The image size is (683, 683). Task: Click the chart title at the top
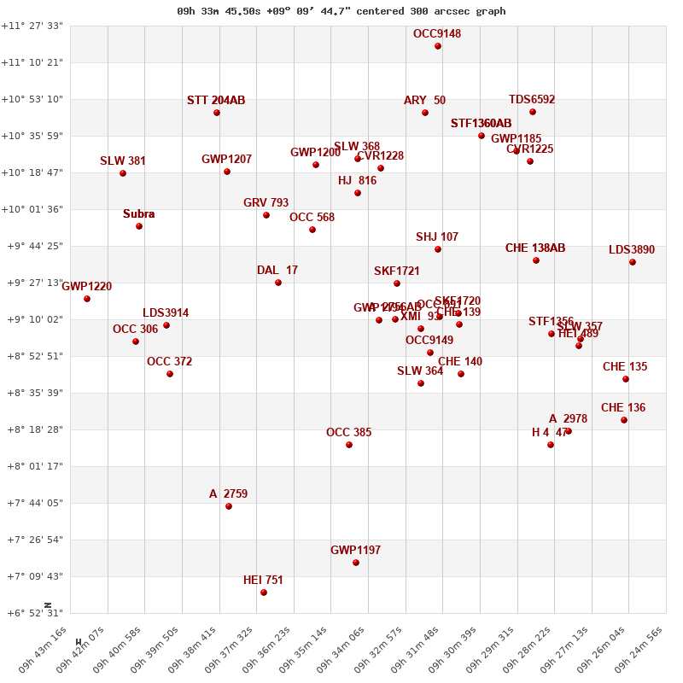(341, 11)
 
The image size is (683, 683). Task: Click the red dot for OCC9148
(438, 46)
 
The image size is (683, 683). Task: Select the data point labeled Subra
(139, 226)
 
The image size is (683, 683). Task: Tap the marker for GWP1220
(87, 299)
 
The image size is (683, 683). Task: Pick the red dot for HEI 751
(264, 593)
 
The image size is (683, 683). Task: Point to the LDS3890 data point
(633, 262)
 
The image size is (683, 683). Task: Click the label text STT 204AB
(216, 101)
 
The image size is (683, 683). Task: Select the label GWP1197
(355, 551)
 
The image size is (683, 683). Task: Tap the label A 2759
(228, 494)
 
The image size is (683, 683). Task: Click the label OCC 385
(348, 433)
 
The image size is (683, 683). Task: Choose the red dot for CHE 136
(624, 420)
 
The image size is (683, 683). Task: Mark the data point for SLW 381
(123, 173)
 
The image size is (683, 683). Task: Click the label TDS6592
(532, 100)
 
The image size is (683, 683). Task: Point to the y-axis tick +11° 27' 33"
(32, 26)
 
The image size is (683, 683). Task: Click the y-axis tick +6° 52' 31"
(32, 613)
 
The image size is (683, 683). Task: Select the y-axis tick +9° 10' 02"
(32, 319)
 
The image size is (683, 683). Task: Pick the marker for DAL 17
(278, 283)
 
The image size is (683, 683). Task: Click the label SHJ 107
(437, 237)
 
